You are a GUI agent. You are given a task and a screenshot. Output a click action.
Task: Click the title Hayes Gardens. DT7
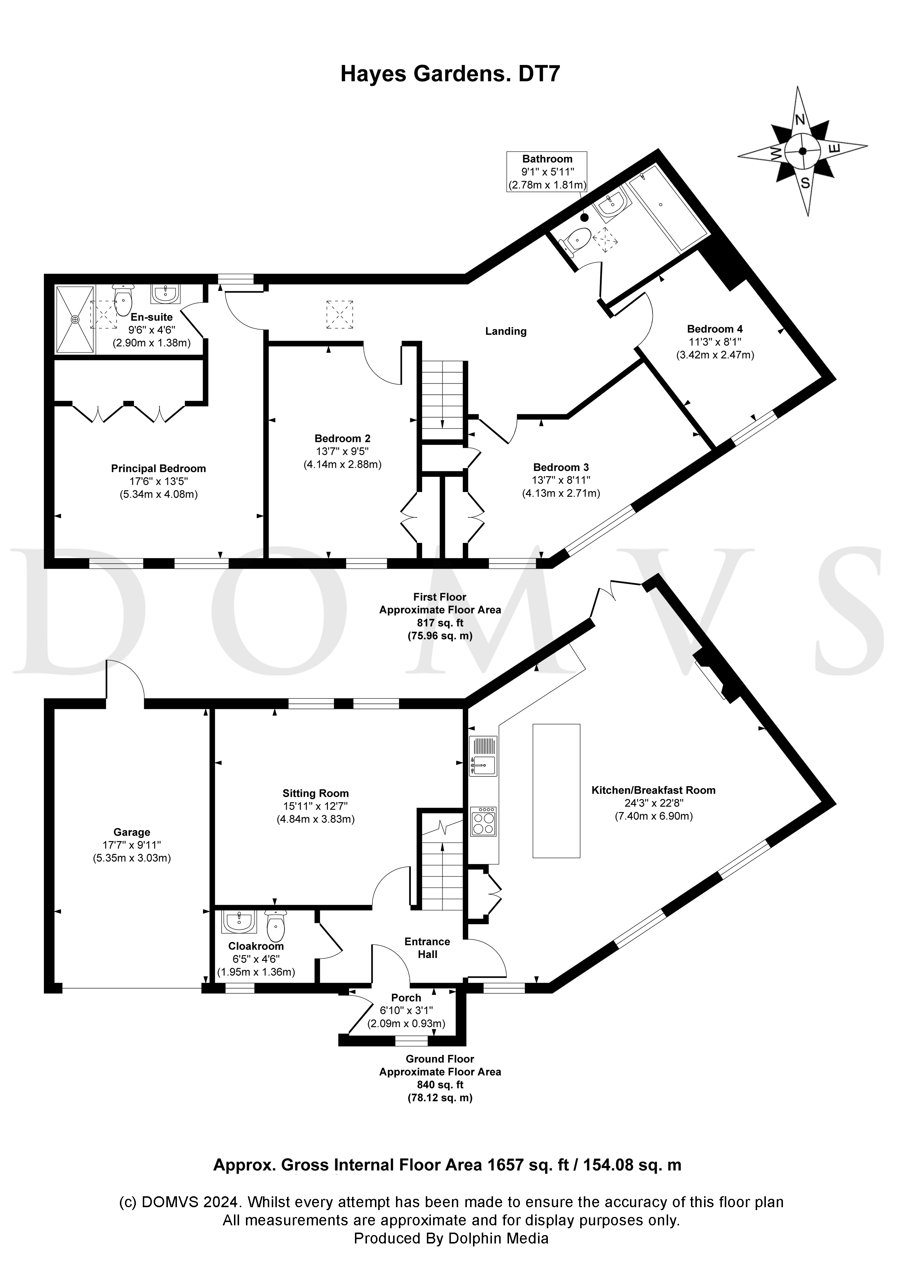click(x=450, y=74)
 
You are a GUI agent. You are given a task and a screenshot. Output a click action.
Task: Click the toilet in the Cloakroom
click(x=276, y=925)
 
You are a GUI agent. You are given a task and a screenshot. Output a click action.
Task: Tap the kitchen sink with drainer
click(x=482, y=756)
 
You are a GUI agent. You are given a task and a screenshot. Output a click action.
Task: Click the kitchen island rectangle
click(x=556, y=791)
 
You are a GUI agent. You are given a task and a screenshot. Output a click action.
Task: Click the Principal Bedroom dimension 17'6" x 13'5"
click(x=159, y=481)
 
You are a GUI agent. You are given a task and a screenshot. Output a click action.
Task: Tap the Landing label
click(x=506, y=331)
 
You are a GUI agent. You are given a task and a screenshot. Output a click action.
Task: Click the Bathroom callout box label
click(x=547, y=159)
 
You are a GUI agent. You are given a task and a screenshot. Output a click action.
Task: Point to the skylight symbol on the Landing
click(x=340, y=315)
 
